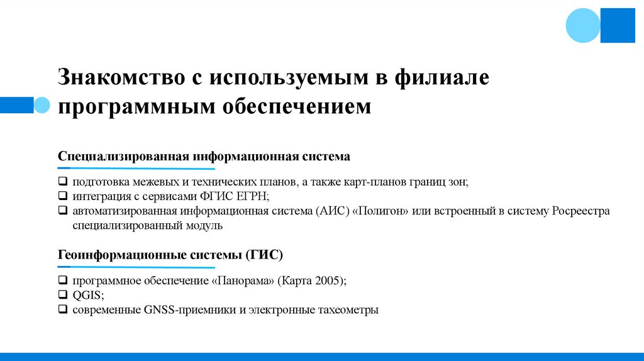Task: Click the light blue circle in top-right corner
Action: click(x=583, y=25)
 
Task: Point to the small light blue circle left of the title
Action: click(x=41, y=104)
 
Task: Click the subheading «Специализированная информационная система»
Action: click(x=204, y=155)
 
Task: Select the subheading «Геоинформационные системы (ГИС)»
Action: click(x=170, y=255)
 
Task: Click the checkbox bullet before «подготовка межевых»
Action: click(x=63, y=182)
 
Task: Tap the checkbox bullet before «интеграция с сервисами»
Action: click(x=63, y=196)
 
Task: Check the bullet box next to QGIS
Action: click(x=63, y=295)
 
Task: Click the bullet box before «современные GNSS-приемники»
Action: click(x=63, y=309)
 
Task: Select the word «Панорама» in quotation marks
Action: click(x=245, y=281)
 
